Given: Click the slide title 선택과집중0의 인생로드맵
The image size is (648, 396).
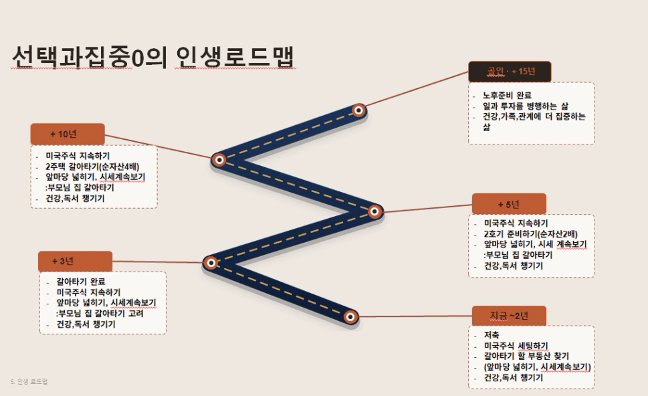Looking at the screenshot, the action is [153, 56].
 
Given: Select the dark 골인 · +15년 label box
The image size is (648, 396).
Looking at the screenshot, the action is [510, 72].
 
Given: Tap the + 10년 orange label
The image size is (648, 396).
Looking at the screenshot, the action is [68, 134].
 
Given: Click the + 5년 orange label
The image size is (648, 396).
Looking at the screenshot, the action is [509, 204].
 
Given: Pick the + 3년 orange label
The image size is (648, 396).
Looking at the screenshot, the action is [75, 262].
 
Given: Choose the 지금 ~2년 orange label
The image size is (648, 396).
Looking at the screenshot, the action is [509, 316].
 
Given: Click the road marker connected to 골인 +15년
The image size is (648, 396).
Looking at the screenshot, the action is [358, 110].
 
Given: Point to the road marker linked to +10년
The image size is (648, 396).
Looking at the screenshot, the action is [219, 160].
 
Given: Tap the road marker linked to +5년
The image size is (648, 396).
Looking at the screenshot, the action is [374, 211].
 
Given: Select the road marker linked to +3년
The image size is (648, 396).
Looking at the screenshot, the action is [211, 262].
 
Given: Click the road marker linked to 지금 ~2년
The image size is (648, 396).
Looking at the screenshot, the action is [350, 317].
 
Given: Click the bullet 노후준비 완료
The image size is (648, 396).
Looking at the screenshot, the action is [507, 96].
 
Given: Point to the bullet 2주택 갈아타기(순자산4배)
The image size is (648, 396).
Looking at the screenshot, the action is [92, 167].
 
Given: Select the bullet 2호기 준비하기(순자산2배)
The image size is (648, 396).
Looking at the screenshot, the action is [531, 234].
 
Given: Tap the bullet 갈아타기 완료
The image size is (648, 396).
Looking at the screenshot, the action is [81, 282].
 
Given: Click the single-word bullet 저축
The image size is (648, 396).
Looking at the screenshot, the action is [492, 335].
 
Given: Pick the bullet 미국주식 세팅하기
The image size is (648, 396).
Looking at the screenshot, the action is [516, 346].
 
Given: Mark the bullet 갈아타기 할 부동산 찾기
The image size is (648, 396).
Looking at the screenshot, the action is [526, 356].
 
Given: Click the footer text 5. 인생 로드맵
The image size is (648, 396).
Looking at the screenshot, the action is [29, 381].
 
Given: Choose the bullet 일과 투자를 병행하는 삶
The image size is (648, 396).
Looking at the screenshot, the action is [526, 106].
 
